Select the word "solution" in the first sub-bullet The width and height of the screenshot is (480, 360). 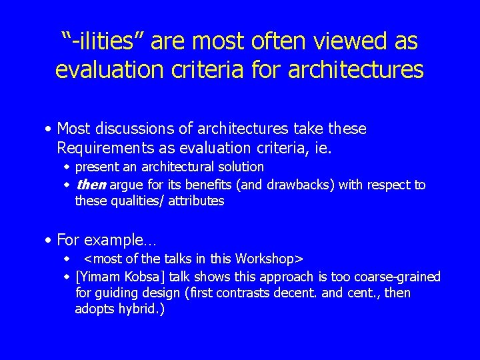(x=239, y=167)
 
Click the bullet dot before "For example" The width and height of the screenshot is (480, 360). (x=50, y=240)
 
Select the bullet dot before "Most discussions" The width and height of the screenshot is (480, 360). (x=50, y=129)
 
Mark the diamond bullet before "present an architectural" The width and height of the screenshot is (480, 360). (x=67, y=167)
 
